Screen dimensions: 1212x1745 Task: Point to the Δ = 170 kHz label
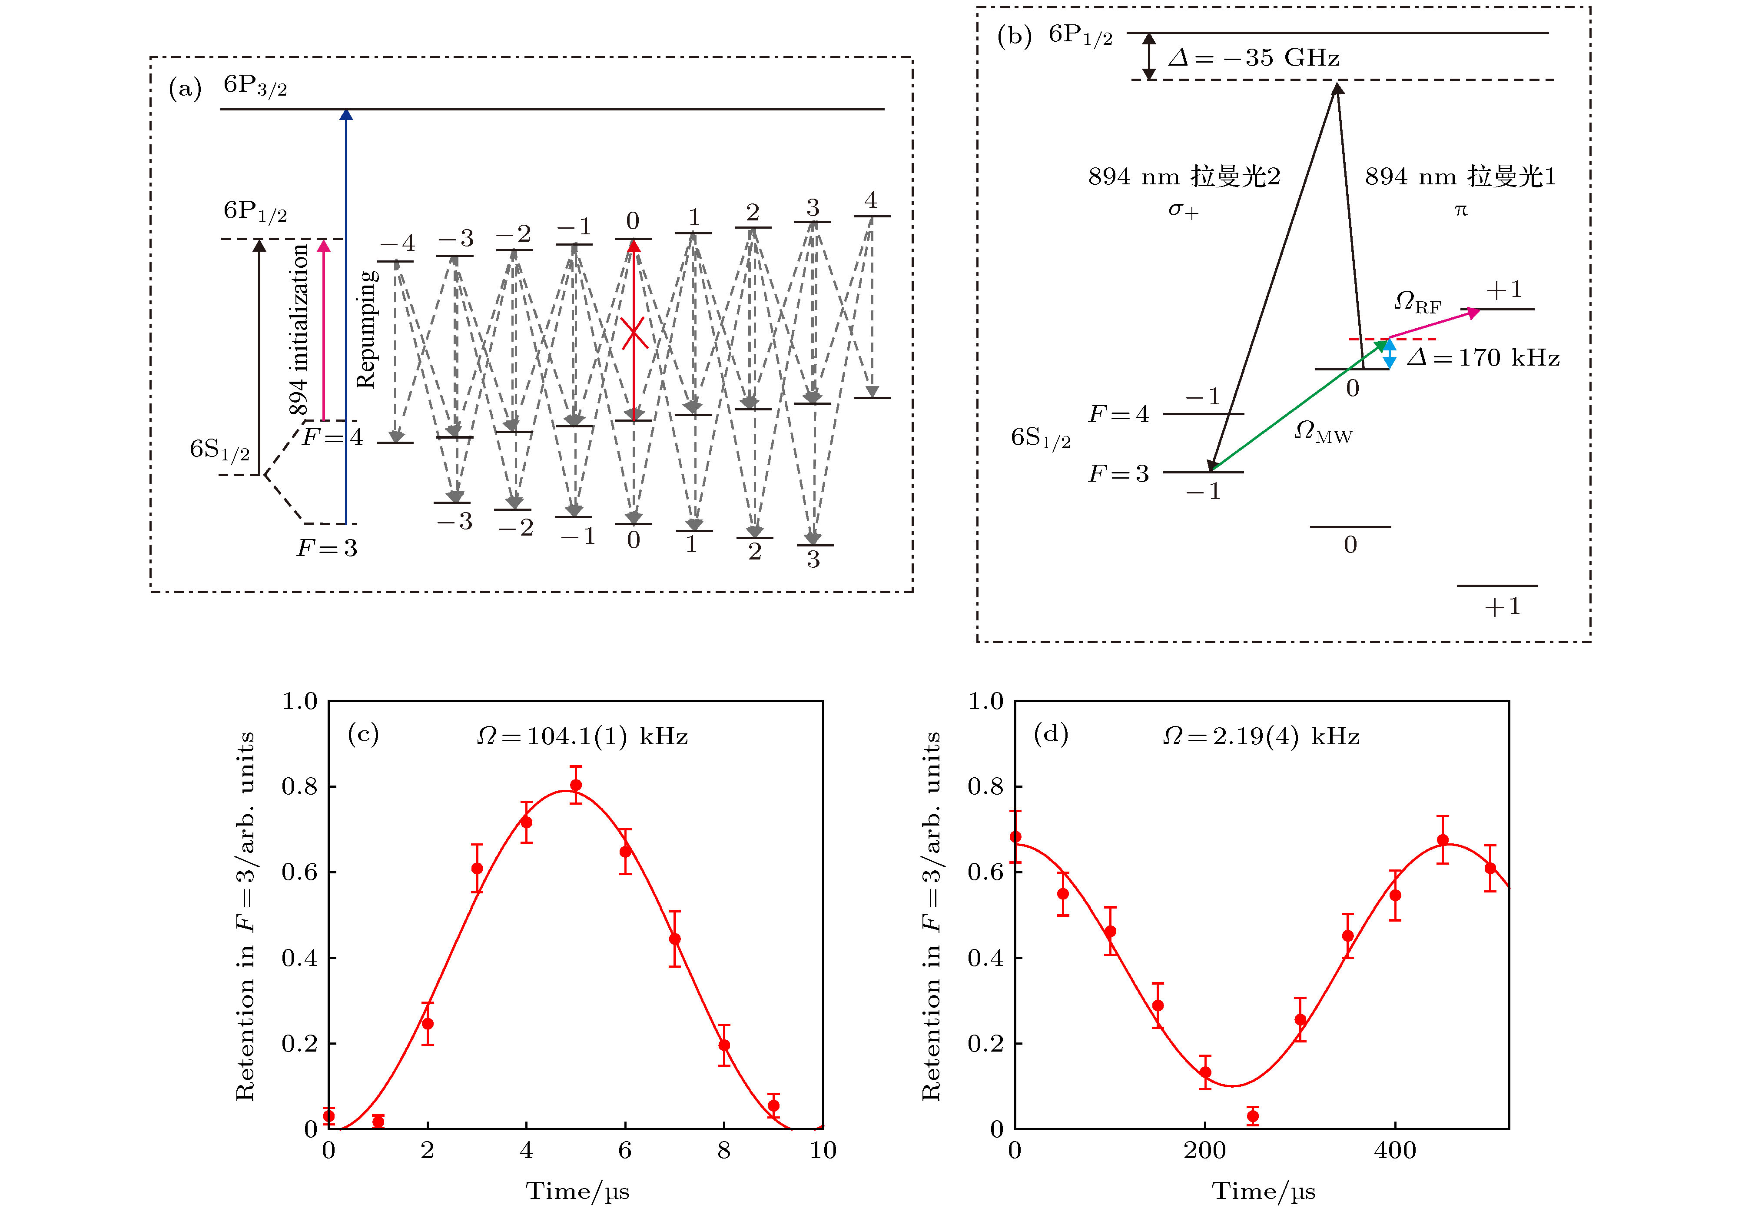[x=1483, y=358]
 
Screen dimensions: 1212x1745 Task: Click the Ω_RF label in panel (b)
[x=1417, y=302]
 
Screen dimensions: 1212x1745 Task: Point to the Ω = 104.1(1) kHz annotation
[x=581, y=736]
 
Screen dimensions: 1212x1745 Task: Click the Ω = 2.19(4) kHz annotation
[x=1261, y=736]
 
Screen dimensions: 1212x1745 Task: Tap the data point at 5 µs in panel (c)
[x=576, y=785]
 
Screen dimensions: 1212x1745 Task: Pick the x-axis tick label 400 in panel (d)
[x=1395, y=1151]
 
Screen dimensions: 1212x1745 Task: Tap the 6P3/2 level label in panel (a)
[x=255, y=85]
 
